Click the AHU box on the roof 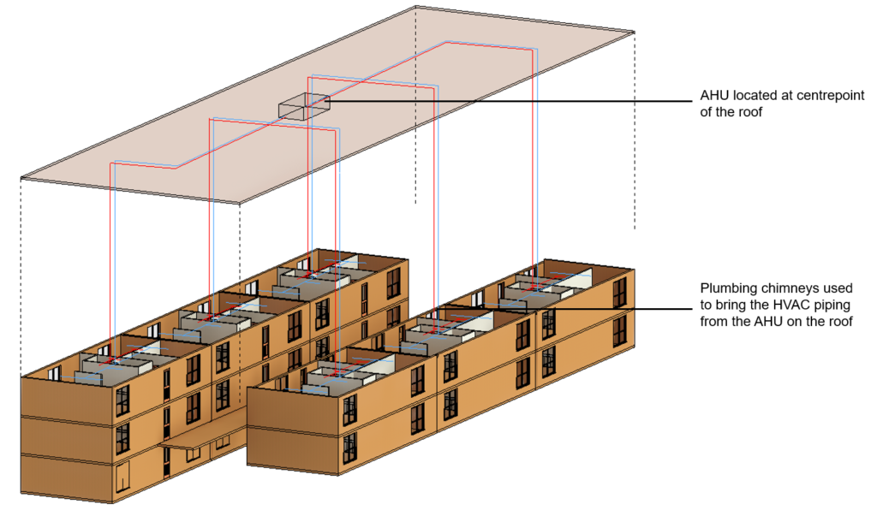click(303, 107)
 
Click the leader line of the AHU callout click(514, 102)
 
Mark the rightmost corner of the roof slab click(634, 32)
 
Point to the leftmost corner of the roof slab click(21, 178)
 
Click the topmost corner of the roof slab click(415, 6)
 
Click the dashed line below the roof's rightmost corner click(635, 128)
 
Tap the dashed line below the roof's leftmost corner click(21, 274)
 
